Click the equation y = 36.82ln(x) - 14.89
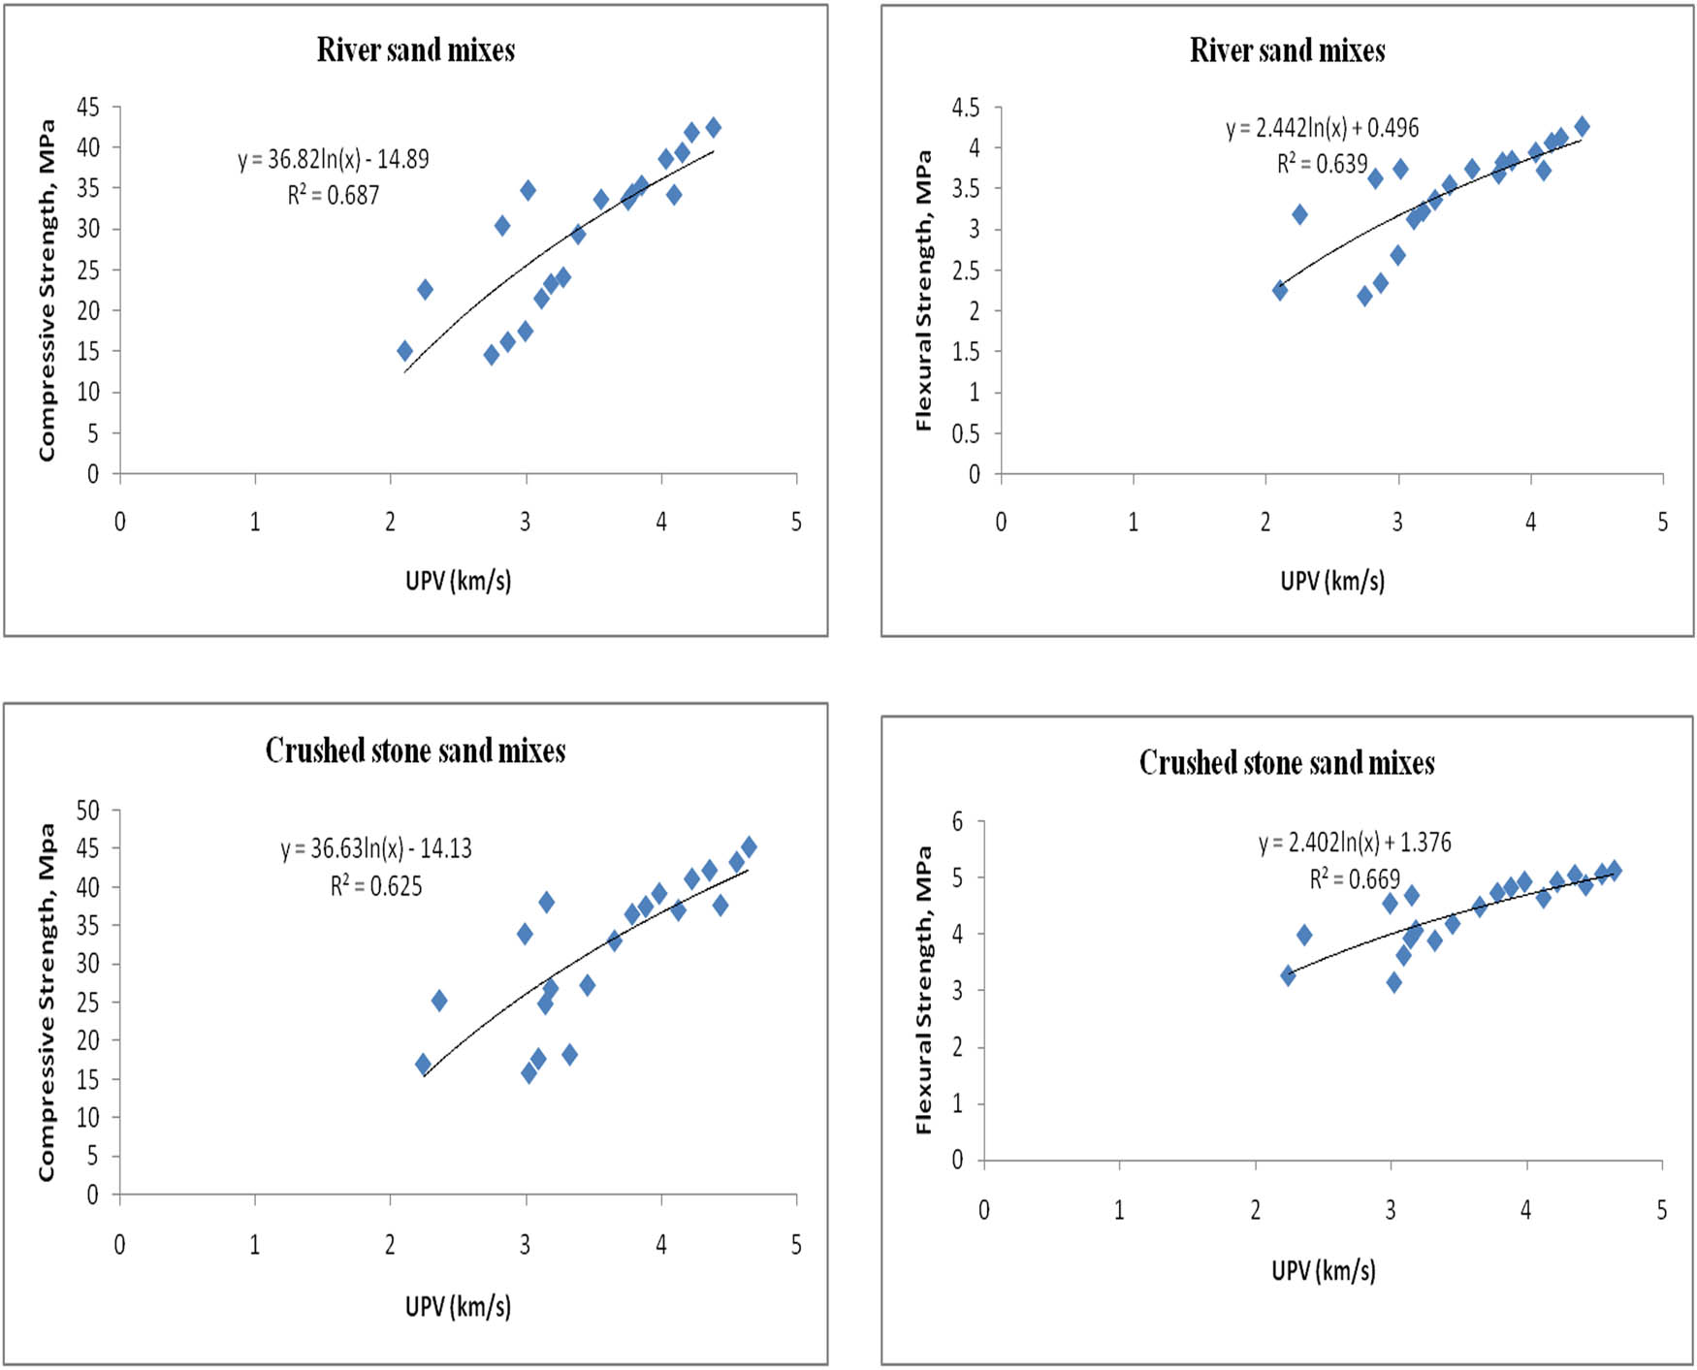334,159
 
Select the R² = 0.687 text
334,195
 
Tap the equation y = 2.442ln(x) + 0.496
1322,128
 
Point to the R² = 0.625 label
376,885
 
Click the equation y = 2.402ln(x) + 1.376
1355,842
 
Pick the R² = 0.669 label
1355,878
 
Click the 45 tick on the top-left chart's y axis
88,107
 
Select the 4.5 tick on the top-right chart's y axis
966,107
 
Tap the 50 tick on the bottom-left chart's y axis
88,810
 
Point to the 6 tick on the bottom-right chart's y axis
958,822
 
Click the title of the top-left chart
415,50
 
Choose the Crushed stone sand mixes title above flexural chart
1287,763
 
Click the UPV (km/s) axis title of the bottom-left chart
458,1306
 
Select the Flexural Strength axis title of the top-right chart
923,291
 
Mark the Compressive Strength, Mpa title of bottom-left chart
47,1002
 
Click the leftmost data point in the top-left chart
404,351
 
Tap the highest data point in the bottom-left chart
749,846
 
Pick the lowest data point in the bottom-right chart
1393,982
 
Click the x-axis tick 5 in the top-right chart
1662,522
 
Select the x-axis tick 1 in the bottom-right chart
1119,1209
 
